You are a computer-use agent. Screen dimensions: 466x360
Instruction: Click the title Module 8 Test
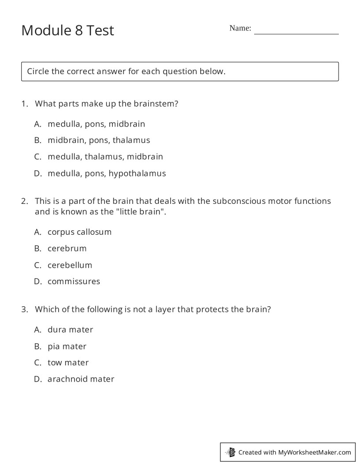(67, 30)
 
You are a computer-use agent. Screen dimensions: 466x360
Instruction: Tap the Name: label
(240, 28)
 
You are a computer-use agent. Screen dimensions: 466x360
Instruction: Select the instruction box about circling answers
(180, 71)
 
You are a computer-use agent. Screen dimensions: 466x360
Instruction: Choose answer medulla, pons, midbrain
(96, 124)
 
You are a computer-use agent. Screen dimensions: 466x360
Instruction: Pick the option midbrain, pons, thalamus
(99, 140)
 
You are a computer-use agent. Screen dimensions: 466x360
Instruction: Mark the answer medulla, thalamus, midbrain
(105, 157)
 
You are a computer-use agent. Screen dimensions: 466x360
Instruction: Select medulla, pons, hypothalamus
(106, 173)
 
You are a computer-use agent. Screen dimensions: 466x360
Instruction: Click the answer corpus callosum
(79, 232)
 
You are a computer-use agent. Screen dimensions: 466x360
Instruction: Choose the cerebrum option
(67, 248)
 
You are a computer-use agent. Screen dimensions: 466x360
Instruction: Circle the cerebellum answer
(70, 265)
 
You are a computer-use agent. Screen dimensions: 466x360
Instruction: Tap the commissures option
(74, 282)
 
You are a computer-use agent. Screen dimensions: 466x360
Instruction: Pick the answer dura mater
(70, 330)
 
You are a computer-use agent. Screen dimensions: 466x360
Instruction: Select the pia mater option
(67, 346)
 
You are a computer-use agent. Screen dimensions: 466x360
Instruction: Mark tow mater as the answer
(68, 363)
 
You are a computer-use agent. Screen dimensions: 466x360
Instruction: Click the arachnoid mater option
(81, 379)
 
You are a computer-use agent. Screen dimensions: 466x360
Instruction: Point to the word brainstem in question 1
(154, 104)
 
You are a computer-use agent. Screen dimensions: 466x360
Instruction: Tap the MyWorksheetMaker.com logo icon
(231, 452)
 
